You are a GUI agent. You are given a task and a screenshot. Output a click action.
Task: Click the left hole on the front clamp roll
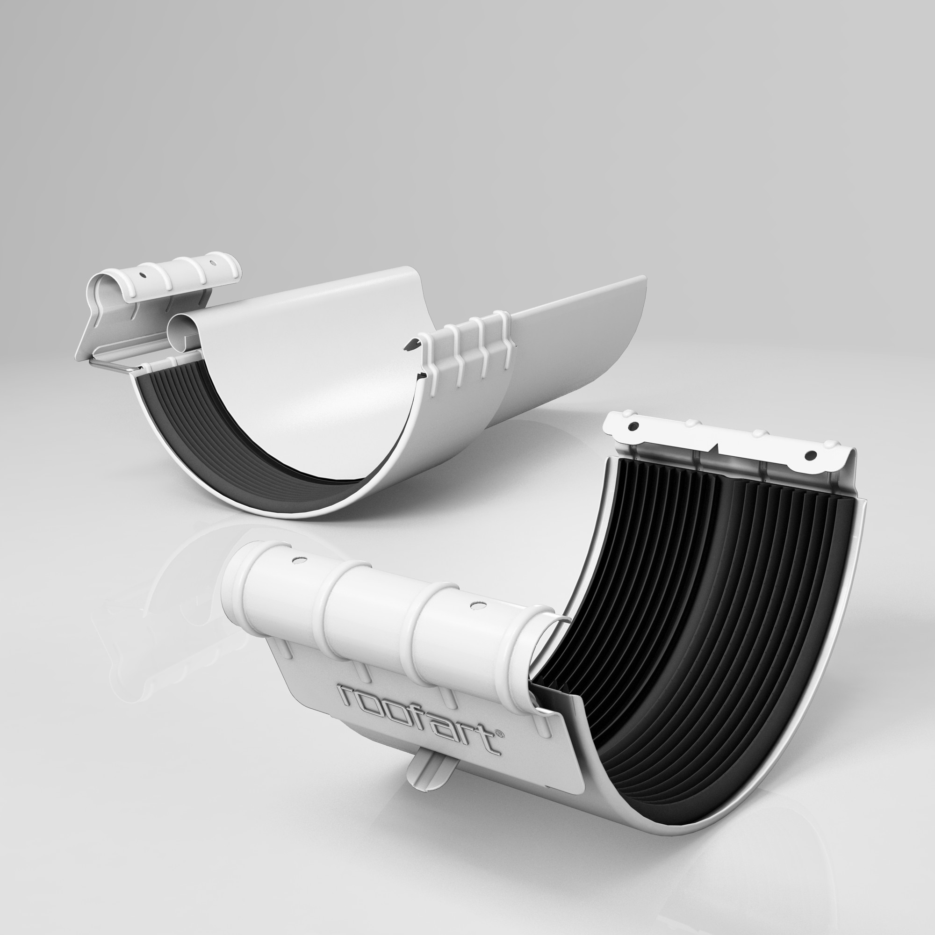click(x=299, y=561)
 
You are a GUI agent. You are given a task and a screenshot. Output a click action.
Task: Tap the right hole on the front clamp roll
click(x=477, y=606)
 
